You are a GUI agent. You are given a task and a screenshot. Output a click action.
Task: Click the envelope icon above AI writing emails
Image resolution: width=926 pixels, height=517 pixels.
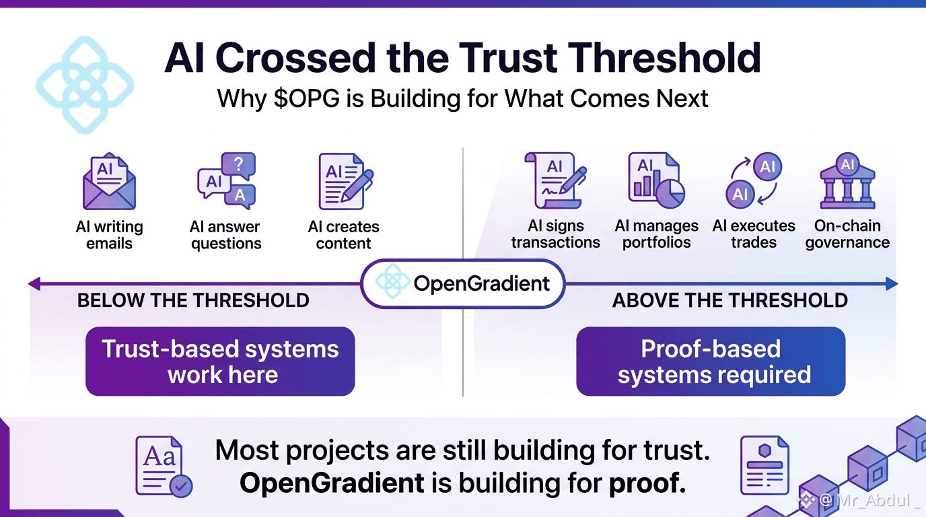coord(109,181)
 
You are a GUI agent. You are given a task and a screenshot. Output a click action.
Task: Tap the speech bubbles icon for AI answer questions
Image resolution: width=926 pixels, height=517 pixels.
coord(227,180)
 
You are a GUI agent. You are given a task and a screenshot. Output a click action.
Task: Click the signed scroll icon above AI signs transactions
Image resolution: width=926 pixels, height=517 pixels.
coord(556,180)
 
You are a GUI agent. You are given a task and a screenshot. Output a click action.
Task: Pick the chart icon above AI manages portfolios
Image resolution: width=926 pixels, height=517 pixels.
coord(656,180)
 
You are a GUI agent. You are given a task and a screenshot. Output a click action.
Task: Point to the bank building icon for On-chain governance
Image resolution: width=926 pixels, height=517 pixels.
coord(847,180)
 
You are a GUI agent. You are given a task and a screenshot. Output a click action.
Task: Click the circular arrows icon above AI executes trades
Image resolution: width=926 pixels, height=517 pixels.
coord(754,180)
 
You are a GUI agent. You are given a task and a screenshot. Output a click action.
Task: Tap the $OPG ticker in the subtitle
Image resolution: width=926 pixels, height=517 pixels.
coord(306,98)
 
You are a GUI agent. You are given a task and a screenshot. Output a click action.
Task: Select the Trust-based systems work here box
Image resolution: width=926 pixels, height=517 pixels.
coord(220,361)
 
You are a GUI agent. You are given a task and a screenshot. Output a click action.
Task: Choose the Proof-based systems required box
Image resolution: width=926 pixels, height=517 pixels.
coord(711,361)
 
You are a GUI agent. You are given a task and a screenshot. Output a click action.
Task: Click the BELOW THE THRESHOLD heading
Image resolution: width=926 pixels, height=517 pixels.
coord(193,300)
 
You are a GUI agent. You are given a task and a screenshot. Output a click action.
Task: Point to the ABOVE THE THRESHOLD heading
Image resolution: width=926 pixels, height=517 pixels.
coord(730,300)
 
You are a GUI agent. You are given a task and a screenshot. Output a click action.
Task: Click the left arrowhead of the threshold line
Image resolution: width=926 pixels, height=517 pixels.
coord(34,283)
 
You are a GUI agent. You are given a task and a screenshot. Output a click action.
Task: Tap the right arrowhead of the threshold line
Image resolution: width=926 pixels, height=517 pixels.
coord(892,283)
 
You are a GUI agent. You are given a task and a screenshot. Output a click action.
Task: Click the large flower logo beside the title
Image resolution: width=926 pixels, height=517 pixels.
coord(85,85)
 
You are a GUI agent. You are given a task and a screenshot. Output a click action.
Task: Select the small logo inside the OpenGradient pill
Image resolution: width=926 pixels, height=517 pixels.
coord(392,281)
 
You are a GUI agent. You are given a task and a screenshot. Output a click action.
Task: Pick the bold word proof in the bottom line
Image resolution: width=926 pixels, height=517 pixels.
coord(647,483)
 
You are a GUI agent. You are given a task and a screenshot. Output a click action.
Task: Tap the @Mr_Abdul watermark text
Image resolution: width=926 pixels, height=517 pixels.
coord(866,500)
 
